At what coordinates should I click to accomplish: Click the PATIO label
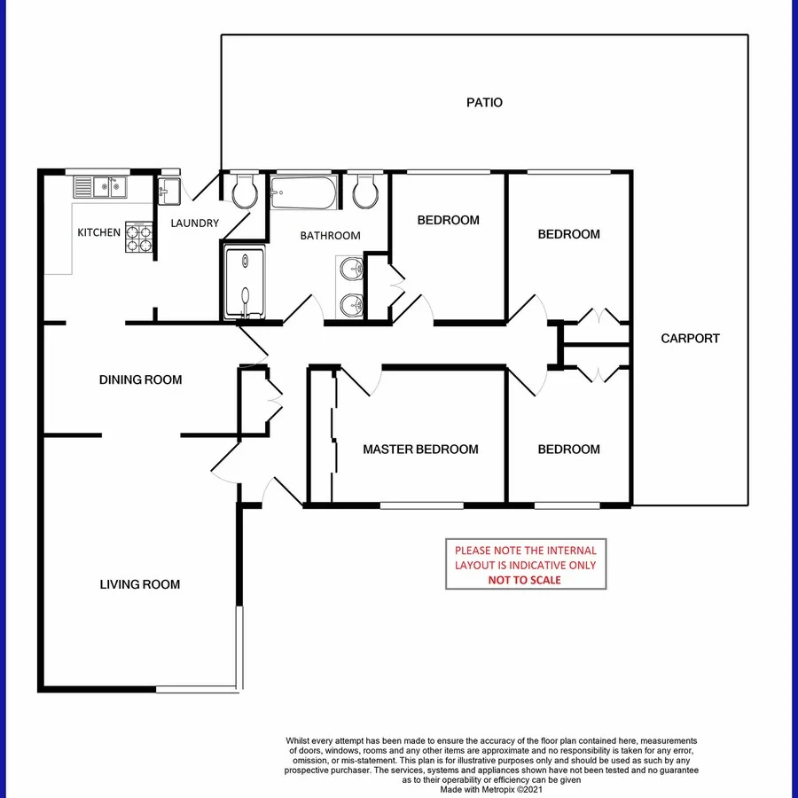(x=484, y=103)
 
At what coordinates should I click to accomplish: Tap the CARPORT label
(x=690, y=339)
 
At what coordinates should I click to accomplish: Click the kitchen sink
(x=100, y=188)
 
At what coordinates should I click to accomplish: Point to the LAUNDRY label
(x=194, y=223)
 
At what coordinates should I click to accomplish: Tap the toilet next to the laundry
(x=242, y=190)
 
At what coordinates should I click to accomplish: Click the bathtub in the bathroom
(x=303, y=192)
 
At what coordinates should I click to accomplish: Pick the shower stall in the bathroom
(x=243, y=283)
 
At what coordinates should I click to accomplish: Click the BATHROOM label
(x=330, y=236)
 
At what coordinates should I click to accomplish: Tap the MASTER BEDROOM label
(x=420, y=450)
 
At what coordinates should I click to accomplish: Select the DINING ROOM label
(x=140, y=380)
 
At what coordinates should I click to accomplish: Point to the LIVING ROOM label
(x=139, y=584)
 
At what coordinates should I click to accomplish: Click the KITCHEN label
(x=99, y=232)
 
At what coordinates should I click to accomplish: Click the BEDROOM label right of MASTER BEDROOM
(x=568, y=450)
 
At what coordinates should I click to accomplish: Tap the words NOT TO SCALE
(x=525, y=580)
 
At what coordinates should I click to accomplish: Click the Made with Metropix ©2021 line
(x=491, y=789)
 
